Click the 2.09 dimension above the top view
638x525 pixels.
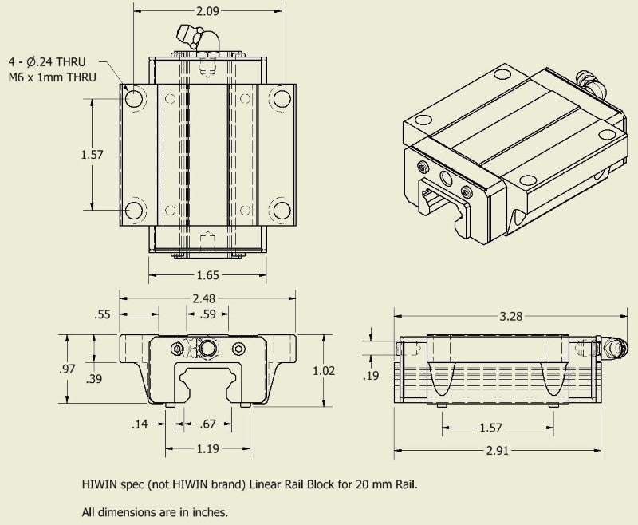pos(207,11)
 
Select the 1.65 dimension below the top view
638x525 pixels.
pos(207,275)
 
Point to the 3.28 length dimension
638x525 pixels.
pos(510,316)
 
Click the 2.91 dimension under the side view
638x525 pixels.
pos(497,451)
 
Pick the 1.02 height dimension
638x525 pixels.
pos(346,370)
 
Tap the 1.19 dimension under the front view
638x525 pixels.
pos(207,448)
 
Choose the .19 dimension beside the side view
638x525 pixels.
pos(371,375)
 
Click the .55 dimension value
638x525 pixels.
pos(102,314)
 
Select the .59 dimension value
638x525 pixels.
pos(207,314)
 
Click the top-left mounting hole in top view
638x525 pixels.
pos(134,97)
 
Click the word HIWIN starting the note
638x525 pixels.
pos(100,484)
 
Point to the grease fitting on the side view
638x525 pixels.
pos(616,347)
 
